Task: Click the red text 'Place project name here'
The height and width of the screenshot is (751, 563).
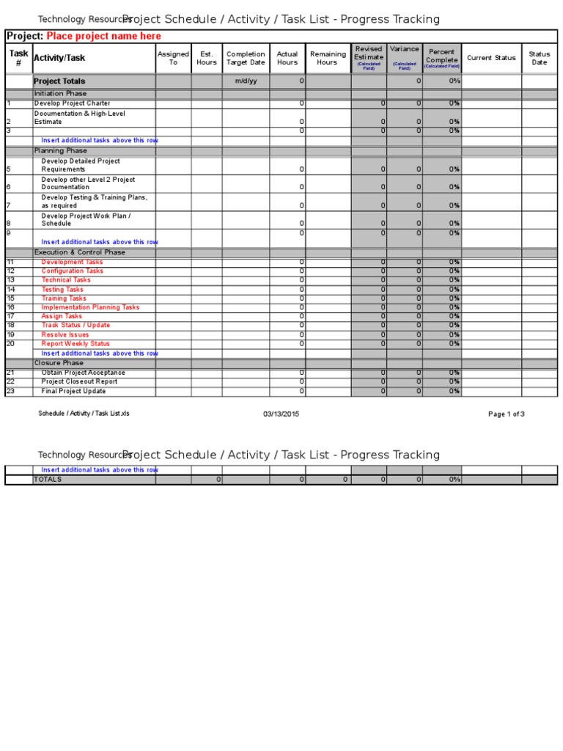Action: tap(103, 36)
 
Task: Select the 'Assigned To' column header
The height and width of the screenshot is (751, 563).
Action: tap(173, 58)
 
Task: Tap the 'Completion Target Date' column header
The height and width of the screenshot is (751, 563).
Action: tap(246, 58)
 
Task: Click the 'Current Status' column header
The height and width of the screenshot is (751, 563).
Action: tap(491, 58)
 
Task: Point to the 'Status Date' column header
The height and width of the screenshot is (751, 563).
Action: tap(539, 58)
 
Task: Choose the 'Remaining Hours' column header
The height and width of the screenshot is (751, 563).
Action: tap(328, 58)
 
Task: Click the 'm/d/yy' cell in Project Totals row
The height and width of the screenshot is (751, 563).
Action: tap(246, 81)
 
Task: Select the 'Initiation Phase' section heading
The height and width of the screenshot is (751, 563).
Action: tap(60, 94)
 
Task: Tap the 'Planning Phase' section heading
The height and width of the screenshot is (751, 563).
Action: tap(60, 150)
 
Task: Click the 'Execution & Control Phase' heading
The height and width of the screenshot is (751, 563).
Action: tap(79, 252)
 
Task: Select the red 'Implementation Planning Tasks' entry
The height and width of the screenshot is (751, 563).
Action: tap(90, 307)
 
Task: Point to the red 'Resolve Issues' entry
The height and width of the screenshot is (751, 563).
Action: tap(65, 334)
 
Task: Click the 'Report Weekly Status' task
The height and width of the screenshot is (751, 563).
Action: tap(76, 343)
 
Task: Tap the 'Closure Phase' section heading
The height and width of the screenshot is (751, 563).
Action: tap(59, 363)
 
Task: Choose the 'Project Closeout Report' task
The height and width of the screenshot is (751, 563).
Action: tap(79, 381)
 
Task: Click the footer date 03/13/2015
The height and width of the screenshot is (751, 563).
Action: tap(281, 414)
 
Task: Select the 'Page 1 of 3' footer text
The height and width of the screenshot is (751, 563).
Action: tap(506, 414)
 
